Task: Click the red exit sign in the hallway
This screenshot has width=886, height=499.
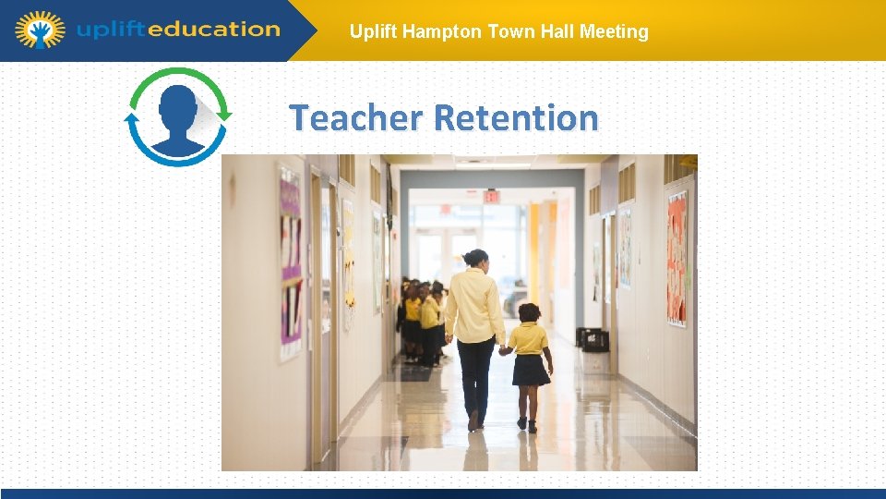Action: tap(492, 197)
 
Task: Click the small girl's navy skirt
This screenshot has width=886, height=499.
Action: tap(531, 370)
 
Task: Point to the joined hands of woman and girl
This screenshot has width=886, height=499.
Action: tap(504, 349)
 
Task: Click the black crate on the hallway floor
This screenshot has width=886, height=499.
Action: tap(595, 339)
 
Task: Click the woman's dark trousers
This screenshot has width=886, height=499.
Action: tap(476, 374)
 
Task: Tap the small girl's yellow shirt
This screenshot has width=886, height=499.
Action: tap(529, 337)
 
